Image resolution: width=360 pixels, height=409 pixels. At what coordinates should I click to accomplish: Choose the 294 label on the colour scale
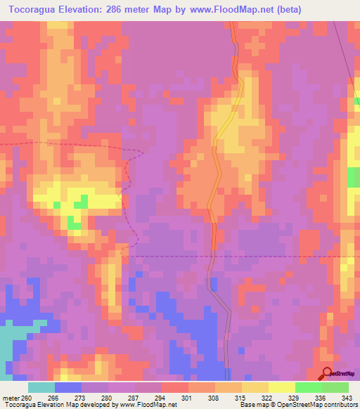click(161, 397)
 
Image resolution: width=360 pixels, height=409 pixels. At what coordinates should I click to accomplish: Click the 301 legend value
click(188, 397)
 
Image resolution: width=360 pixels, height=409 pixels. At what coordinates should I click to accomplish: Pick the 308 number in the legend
click(214, 397)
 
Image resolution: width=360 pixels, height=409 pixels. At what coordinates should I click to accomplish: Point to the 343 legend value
click(347, 397)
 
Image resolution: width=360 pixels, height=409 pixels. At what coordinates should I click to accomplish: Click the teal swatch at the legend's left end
click(41, 387)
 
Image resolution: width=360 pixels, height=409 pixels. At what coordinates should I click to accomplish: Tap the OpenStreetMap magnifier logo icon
click(326, 373)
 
